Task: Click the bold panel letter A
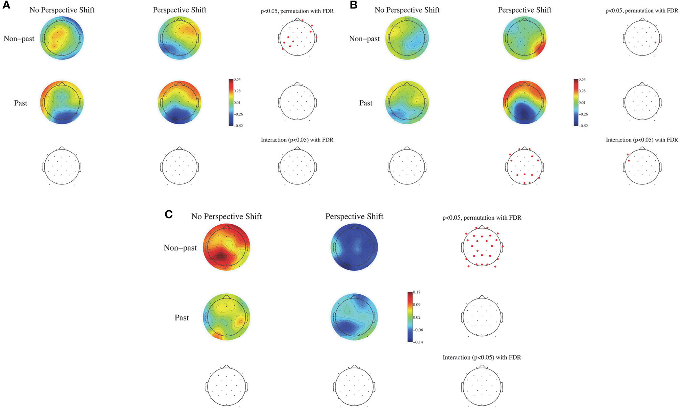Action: click(6, 6)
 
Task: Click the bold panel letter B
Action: click(353, 6)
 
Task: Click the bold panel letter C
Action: click(169, 214)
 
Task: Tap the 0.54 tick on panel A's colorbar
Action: click(237, 80)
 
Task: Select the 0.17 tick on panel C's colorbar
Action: click(417, 292)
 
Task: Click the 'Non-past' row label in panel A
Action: click(19, 39)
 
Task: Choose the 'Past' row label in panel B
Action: click(366, 103)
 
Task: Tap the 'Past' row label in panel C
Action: click(182, 318)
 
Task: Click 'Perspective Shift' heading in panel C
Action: click(354, 217)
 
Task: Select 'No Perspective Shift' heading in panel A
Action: click(62, 10)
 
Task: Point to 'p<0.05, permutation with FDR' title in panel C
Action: click(482, 218)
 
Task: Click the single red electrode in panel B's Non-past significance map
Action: click(655, 43)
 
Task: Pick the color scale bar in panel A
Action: click(231, 103)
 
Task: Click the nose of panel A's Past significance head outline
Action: click(297, 83)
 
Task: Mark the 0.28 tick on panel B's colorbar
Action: click(582, 91)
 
